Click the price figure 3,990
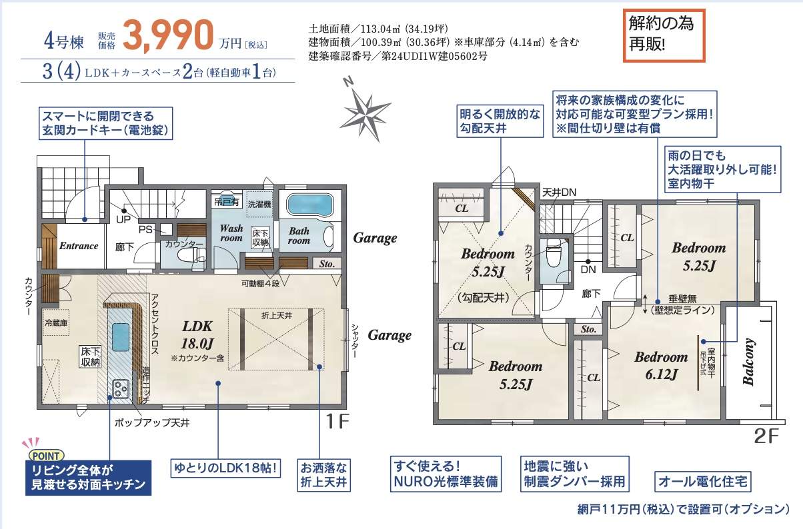[x=168, y=35]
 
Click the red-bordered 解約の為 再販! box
[x=664, y=35]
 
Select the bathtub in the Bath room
[x=310, y=205]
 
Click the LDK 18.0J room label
[x=197, y=334]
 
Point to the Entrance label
[x=79, y=246]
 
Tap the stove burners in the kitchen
[x=121, y=388]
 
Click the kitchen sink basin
[x=121, y=337]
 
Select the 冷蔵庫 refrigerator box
[x=56, y=322]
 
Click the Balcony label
[x=748, y=362]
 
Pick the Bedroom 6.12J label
[x=661, y=365]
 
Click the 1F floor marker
[x=337, y=421]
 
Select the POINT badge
[x=46, y=456]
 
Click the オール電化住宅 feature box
[x=703, y=482]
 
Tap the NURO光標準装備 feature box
[x=446, y=474]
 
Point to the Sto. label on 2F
[x=589, y=329]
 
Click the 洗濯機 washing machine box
[x=259, y=204]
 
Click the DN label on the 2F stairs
[x=588, y=269]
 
